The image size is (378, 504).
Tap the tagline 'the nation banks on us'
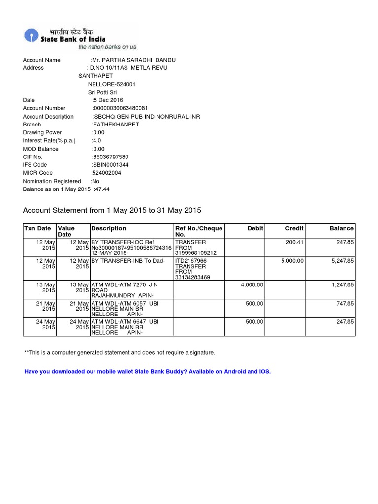pos(107,47)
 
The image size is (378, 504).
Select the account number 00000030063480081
pos(121,108)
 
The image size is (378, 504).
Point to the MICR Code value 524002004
pos(106,173)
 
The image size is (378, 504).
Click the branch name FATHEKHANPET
pos(116,125)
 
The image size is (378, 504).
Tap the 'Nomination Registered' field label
pos(52,181)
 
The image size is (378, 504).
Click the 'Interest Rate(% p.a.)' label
pos(49,141)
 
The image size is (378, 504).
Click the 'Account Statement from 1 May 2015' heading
pos(112,210)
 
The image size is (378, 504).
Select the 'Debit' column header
pos(255,228)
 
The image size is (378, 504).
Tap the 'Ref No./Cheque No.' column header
pos(199,231)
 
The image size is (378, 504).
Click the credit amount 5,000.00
pos(292,261)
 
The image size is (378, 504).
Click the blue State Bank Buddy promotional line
pos(148,371)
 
